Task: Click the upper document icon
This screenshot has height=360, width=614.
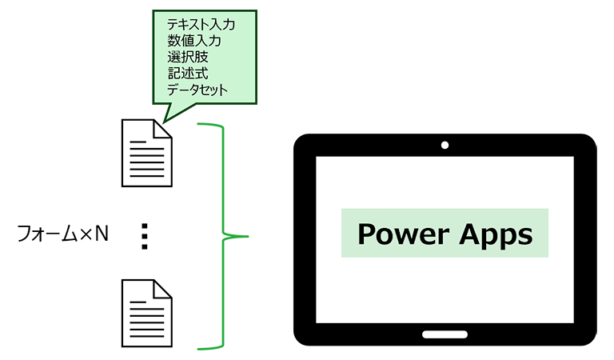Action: (x=146, y=153)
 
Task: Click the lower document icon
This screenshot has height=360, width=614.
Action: (x=146, y=313)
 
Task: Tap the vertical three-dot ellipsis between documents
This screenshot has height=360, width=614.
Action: (x=145, y=237)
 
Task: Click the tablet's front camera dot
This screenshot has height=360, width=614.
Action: (x=444, y=146)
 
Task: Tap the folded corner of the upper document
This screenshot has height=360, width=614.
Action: (x=164, y=128)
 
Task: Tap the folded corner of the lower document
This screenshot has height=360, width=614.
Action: (x=164, y=288)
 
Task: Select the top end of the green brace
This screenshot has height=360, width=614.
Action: (x=200, y=125)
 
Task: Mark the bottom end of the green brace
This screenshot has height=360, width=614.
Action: (x=200, y=348)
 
